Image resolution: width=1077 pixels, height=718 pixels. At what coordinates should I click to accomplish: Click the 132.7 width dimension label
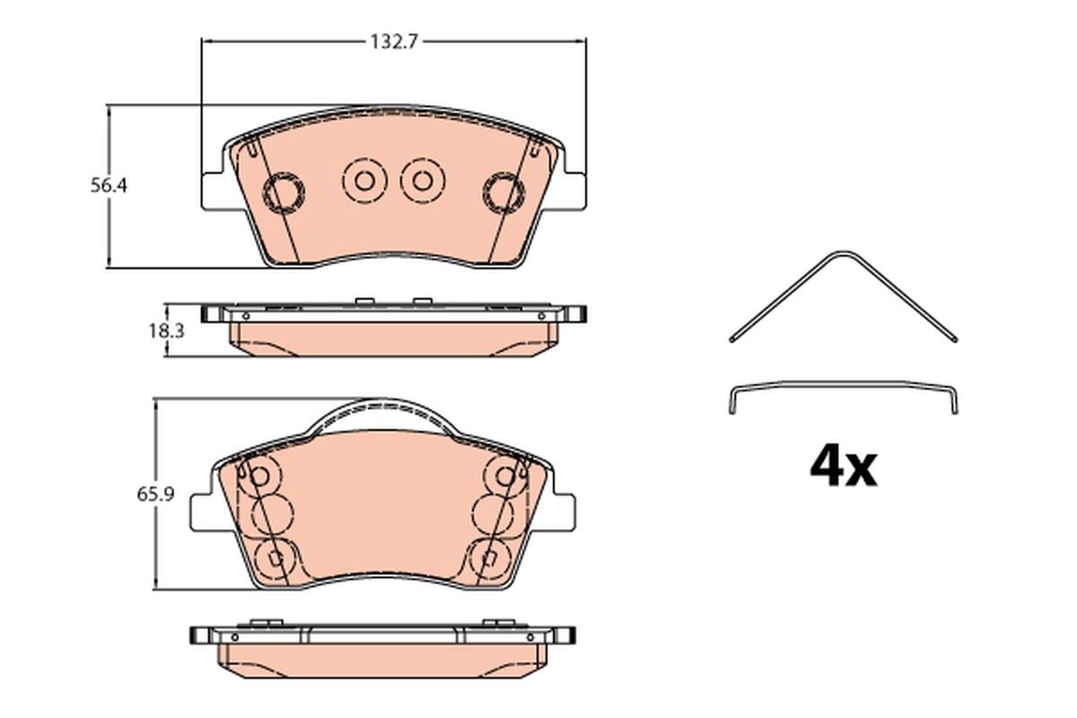tap(394, 42)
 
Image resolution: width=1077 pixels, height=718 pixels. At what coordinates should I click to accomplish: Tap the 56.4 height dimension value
tap(109, 185)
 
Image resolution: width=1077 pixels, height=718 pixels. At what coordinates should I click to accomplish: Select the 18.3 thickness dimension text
tap(166, 331)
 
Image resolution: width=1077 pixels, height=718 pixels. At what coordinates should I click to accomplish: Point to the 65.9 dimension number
tap(155, 495)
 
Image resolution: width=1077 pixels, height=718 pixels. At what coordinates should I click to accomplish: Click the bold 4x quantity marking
tap(844, 467)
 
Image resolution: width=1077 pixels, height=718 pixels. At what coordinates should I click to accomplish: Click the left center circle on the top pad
tap(364, 180)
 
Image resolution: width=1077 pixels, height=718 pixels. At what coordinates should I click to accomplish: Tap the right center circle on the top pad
tap(423, 180)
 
